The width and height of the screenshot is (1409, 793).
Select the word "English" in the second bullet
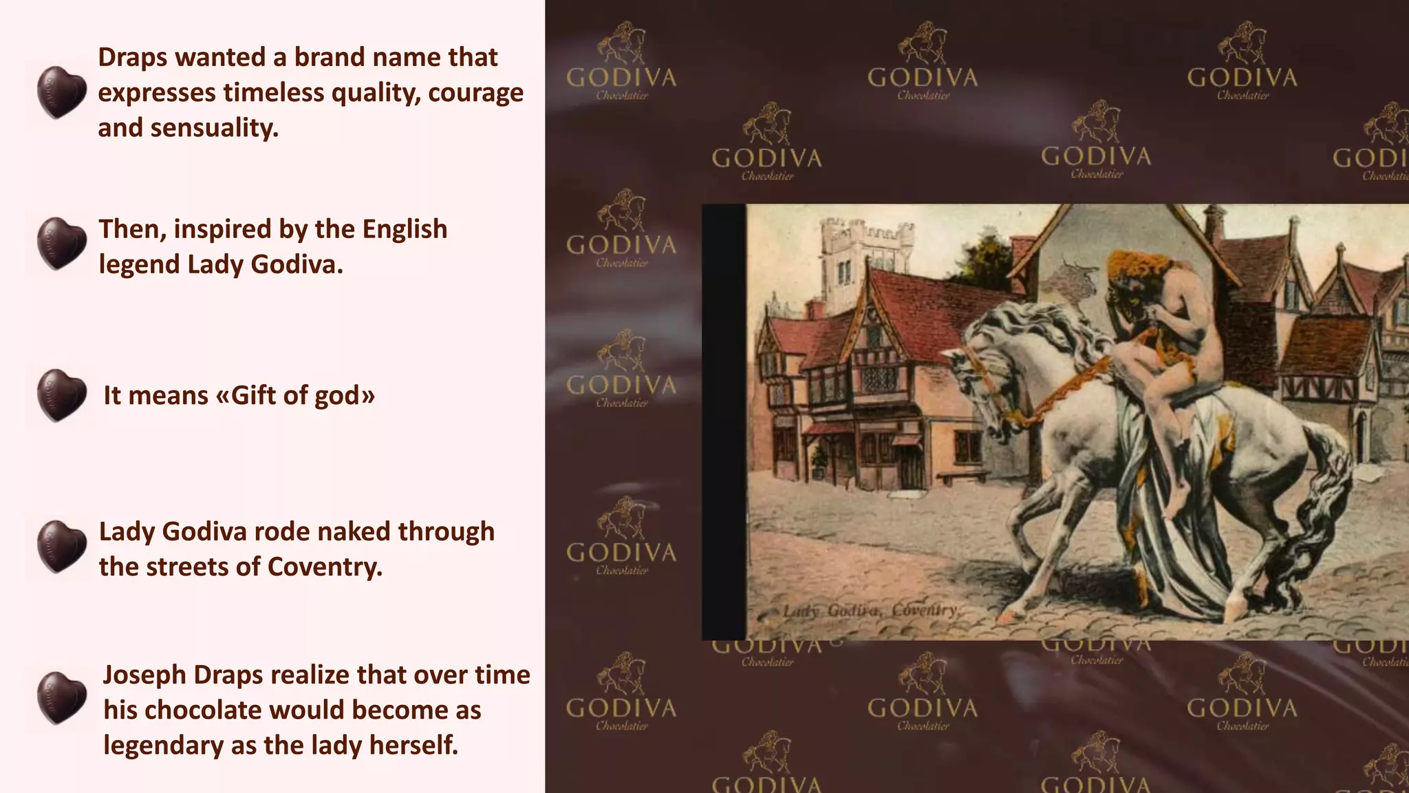(x=405, y=229)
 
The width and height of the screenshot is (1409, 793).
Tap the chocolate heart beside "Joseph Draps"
(x=61, y=697)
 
